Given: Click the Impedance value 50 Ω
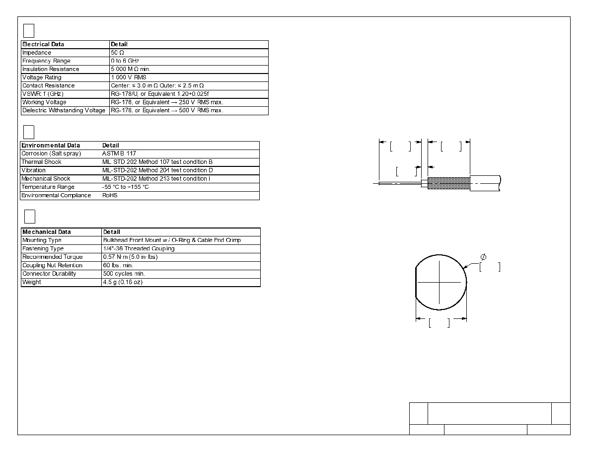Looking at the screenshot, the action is pyautogui.click(x=117, y=53).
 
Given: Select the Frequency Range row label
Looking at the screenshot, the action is pyautogui.click(x=46, y=61).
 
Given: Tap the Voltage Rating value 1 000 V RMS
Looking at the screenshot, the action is pyautogui.click(x=129, y=77).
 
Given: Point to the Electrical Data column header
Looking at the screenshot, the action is pyautogui.click(x=43, y=44).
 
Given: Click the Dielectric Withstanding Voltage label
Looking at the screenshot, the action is pyautogui.click(x=64, y=110).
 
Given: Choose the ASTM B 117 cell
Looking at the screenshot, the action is pyautogui.click(x=119, y=153).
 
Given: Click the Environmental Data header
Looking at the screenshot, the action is pyautogui.click(x=51, y=145).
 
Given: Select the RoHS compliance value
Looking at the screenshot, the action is pyautogui.click(x=110, y=195).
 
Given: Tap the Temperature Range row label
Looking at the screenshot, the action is pyautogui.click(x=48, y=187).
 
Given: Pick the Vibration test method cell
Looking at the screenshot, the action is pyautogui.click(x=157, y=170).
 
